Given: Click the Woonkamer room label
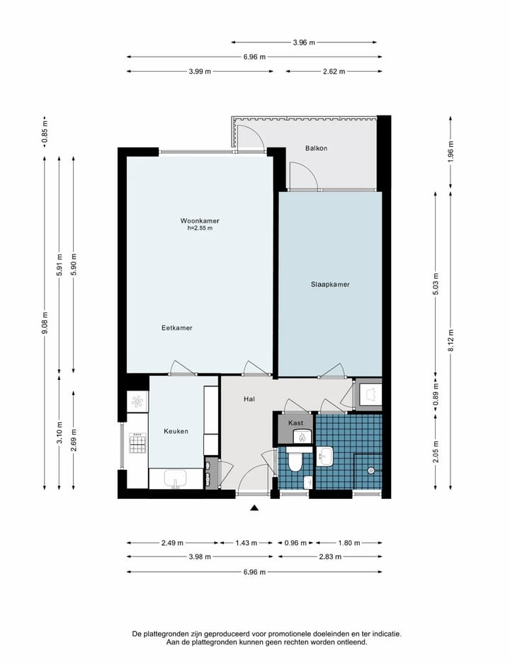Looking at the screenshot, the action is [200, 220].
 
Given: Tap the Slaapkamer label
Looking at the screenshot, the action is [330, 284].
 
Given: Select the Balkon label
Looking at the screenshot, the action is [317, 148].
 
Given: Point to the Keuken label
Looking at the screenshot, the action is [176, 431].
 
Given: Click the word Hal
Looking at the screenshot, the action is [249, 399].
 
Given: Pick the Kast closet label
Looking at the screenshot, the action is [295, 422].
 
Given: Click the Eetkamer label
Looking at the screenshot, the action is [177, 327].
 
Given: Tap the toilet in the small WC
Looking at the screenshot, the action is [295, 461].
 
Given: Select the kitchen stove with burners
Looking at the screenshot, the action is [137, 443].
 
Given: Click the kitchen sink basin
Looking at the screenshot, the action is [176, 479].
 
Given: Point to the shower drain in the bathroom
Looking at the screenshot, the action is [370, 471].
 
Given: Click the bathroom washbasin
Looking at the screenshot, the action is [325, 456].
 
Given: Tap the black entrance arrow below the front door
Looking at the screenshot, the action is [254, 508].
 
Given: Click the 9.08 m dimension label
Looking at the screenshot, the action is [45, 323].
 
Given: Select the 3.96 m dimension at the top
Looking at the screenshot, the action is [304, 43].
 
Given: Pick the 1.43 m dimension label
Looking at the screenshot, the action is [246, 543].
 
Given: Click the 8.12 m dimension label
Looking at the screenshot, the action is [451, 340].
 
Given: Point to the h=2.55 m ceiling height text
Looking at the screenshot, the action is [200, 228].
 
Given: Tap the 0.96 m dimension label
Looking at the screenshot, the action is [295, 543].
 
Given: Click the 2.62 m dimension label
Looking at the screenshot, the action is [334, 72].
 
